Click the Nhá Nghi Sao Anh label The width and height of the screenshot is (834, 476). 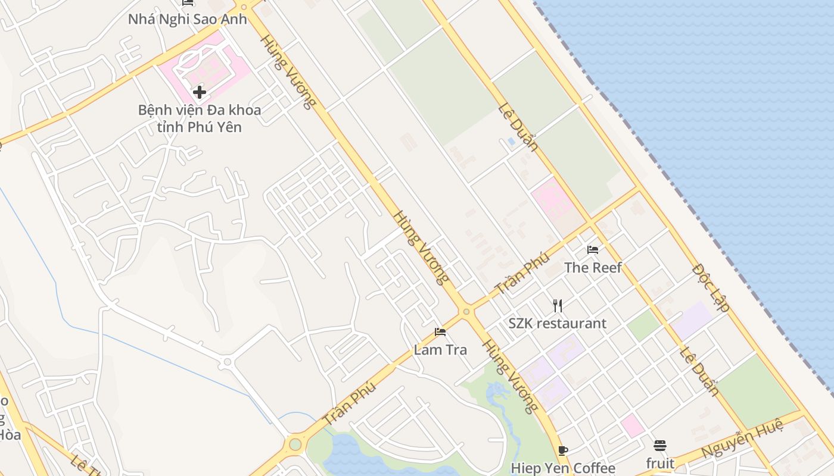[187, 18]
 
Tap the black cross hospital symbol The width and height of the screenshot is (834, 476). [200, 92]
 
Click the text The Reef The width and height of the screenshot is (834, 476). [593, 268]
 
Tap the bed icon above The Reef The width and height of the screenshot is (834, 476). [593, 249]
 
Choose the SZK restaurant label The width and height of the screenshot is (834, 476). [557, 324]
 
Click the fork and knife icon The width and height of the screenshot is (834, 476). [558, 306]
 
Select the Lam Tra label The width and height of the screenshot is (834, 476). [440, 350]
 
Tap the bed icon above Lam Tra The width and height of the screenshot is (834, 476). [440, 332]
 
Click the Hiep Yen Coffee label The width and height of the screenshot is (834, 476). [563, 468]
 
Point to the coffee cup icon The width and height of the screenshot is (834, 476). [563, 450]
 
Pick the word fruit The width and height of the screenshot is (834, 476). [660, 463]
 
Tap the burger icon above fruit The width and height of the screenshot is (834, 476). [660, 445]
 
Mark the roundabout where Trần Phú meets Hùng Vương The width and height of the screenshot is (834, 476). [466, 311]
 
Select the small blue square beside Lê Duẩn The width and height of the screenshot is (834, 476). [511, 142]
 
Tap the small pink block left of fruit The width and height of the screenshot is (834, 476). [632, 425]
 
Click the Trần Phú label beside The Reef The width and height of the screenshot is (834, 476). [522, 273]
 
